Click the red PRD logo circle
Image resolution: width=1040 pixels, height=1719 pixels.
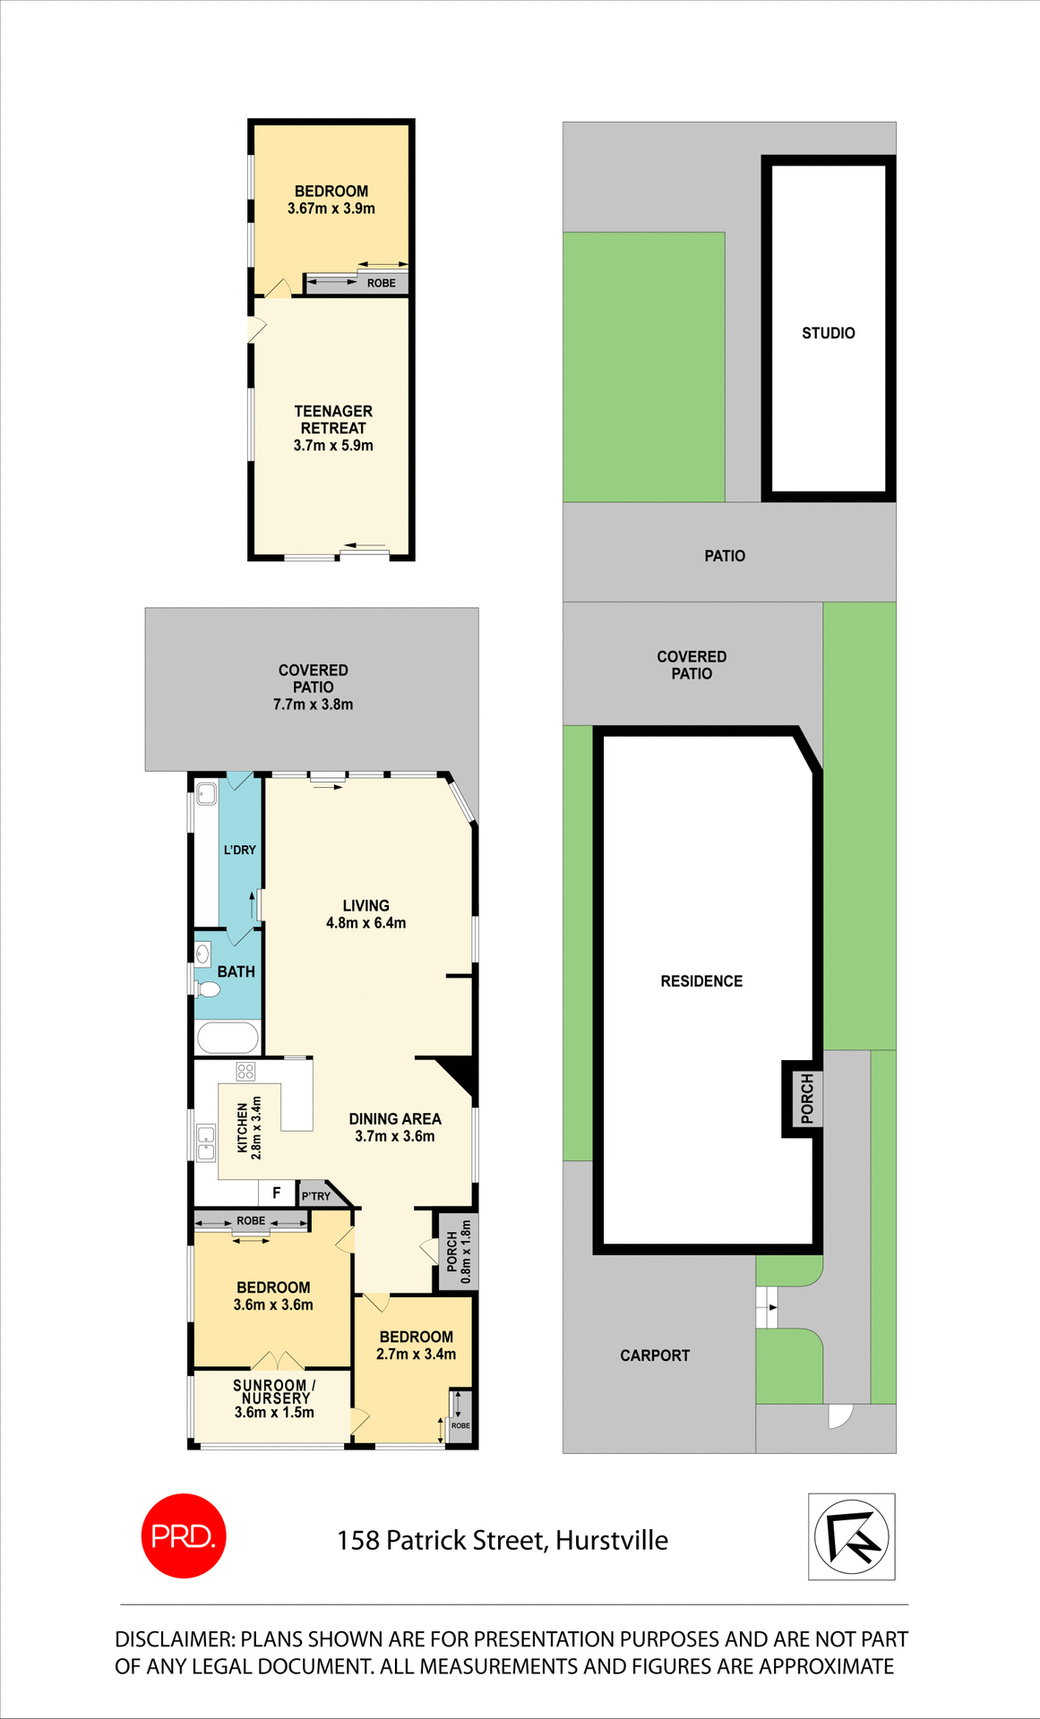184,1535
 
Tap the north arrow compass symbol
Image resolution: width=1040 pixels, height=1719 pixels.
851,1536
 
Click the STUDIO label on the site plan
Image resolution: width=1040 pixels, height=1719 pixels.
828,333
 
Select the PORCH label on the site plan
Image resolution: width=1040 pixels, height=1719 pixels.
807,1099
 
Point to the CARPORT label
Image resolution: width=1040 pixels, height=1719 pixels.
655,1356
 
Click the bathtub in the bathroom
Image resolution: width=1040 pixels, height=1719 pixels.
228,1039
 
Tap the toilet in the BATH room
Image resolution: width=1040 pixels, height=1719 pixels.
208,989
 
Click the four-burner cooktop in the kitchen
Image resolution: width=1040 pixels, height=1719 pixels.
245,1072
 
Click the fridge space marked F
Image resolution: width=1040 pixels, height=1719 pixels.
277,1193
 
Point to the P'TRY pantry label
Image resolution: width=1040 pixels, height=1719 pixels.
316,1196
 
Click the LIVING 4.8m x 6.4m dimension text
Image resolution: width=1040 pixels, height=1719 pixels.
365,923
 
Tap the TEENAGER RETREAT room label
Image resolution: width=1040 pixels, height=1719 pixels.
333,419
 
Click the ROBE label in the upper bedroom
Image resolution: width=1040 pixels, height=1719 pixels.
381,283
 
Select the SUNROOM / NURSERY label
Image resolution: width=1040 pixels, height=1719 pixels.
274,1391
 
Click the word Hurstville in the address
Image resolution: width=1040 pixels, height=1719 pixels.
612,1540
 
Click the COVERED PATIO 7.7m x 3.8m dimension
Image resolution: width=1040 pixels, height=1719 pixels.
313,705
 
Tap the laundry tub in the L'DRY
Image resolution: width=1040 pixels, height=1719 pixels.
207,792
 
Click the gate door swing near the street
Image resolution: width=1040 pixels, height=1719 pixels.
839,1415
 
